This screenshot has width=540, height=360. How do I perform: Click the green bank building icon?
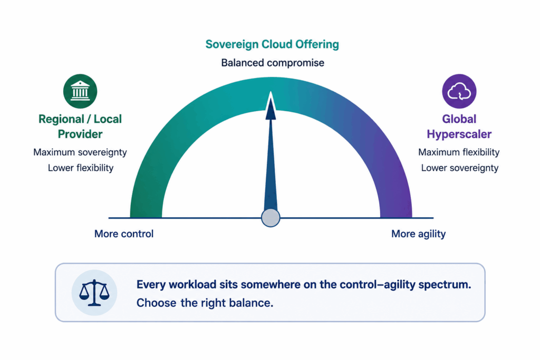80,91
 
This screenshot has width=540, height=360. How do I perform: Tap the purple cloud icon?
459,91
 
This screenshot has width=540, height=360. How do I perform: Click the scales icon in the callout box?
94,293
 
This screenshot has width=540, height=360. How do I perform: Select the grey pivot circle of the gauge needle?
271,218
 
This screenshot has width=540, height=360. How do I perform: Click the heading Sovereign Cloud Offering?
272,44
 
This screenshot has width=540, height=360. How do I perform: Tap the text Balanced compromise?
273,63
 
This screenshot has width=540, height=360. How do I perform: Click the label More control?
124,233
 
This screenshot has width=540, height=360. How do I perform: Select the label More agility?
418,234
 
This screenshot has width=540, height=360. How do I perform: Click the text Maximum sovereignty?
80,152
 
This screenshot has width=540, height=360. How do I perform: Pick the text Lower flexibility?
81,168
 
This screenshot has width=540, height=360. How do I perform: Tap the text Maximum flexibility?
459,152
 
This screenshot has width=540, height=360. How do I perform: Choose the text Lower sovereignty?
460,168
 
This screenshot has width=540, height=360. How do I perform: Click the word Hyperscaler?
459,134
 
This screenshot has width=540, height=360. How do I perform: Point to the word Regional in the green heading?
61,119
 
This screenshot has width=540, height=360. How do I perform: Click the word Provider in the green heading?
80,134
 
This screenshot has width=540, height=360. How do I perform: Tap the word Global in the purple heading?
459,119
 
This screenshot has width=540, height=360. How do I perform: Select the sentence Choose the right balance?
205,303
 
